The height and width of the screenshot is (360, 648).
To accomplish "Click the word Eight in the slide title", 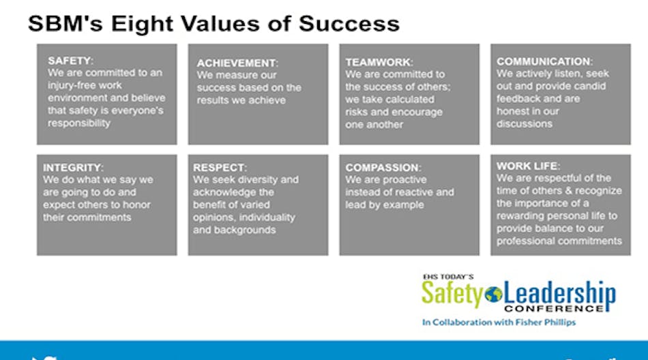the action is point(143,25).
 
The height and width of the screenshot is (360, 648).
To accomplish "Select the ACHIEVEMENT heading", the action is point(237,63).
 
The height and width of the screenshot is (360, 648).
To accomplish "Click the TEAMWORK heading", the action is point(379,62).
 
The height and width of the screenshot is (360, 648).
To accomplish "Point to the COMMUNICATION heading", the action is point(544,61).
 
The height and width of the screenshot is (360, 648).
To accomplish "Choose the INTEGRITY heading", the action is point(73,168).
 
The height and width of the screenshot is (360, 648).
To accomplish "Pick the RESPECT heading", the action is point(220,168).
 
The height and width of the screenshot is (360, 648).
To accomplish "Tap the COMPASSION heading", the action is point(383,168).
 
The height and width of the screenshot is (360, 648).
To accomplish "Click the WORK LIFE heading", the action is point(528,166).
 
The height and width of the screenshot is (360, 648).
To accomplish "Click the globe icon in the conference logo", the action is point(493,295).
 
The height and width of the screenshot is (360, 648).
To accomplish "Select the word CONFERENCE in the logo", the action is point(554,308).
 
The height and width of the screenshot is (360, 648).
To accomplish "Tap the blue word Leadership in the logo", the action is point(559,295).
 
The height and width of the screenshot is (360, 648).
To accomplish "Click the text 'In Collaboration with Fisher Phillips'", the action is point(499,322).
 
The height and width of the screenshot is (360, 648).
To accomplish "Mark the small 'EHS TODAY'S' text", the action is point(448,277).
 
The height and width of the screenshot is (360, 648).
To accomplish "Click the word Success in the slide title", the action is point(349,24).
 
